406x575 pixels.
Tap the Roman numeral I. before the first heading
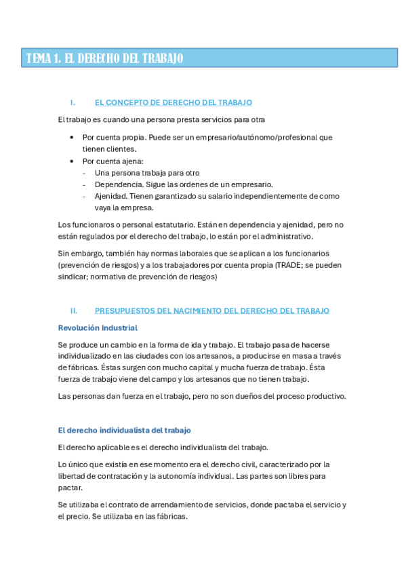pos(73,102)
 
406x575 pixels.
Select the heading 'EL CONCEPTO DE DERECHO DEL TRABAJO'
pos(173,102)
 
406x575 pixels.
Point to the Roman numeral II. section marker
pos(74,311)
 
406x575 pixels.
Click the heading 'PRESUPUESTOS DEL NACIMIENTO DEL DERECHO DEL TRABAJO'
pos(211,311)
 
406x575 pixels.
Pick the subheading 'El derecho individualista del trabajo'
pos(125,430)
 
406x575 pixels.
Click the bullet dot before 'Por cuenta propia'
pos(73,137)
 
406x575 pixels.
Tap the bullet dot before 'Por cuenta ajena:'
pos(73,161)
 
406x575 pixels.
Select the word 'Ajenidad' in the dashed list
pos(112,196)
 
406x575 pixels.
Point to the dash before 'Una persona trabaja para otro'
pos(84,173)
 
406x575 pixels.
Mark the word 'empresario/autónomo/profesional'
pos(253,137)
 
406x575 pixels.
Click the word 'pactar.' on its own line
pos(70,488)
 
